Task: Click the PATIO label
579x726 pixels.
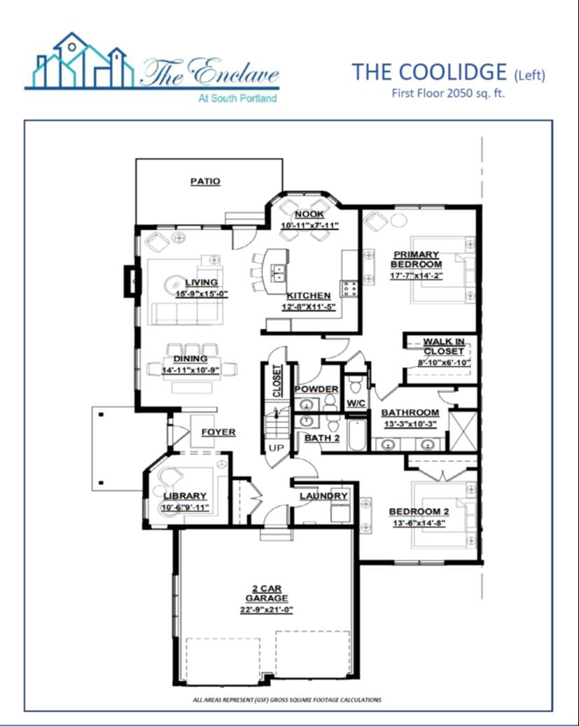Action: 205,181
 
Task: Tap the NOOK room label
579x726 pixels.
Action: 309,215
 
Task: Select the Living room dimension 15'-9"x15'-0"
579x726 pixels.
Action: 201,294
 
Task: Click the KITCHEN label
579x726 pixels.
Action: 308,296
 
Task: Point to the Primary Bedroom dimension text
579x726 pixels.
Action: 417,276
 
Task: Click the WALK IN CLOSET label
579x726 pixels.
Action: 444,346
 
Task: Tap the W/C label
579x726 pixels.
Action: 356,404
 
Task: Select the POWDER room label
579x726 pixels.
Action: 316,389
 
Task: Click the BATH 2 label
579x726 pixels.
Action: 323,438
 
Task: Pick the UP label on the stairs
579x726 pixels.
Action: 277,448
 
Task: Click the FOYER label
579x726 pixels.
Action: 218,432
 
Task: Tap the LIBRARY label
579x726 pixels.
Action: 185,496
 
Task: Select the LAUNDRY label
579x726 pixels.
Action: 323,496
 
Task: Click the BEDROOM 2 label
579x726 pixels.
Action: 419,511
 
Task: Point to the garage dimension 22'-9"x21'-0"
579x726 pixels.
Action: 267,610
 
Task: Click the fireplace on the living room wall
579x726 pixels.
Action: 130,280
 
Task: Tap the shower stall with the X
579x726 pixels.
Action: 463,431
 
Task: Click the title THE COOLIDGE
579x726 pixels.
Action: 429,72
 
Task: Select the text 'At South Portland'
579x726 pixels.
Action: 237,98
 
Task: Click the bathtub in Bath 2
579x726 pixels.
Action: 358,435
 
